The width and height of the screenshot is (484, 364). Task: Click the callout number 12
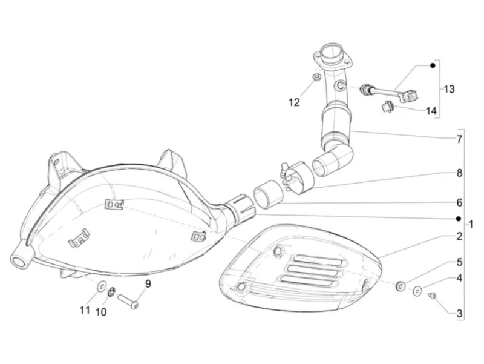click(294, 102)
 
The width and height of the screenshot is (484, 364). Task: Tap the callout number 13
click(450, 89)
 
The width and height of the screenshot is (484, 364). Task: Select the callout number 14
click(431, 111)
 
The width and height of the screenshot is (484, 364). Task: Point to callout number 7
click(460, 139)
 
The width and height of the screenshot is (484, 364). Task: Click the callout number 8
click(460, 173)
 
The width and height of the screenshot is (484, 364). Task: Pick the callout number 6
click(460, 203)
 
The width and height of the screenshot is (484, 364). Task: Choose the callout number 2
click(460, 236)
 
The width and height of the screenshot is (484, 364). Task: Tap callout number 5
click(460, 262)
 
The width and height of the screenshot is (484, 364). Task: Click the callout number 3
click(460, 314)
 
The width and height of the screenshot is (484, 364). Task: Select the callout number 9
click(148, 283)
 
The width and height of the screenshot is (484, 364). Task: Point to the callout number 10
click(101, 312)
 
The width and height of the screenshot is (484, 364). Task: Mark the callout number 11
click(85, 310)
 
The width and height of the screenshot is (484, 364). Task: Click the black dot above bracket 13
click(433, 65)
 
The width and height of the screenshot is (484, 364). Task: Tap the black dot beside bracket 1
click(459, 219)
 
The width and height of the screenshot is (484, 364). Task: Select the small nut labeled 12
click(316, 77)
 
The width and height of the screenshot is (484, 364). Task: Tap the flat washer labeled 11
click(101, 286)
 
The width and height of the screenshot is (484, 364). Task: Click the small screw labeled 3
click(433, 296)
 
